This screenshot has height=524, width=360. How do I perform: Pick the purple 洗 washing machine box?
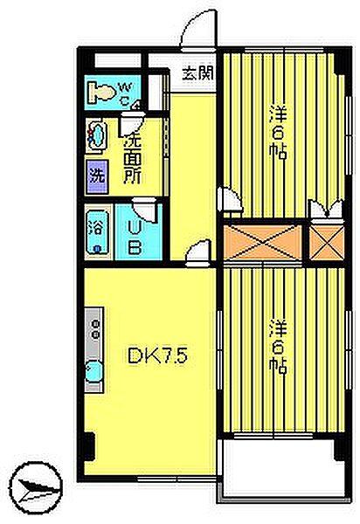[x=97, y=173]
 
